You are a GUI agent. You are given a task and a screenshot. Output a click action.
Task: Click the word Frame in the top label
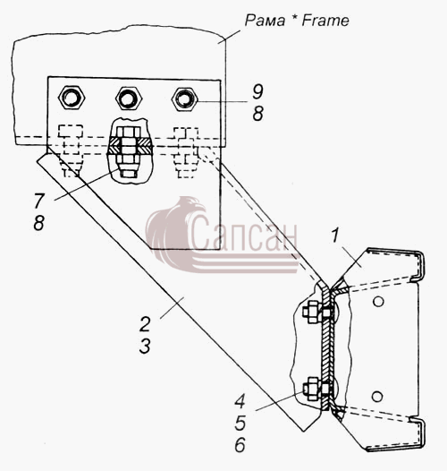point(325,21)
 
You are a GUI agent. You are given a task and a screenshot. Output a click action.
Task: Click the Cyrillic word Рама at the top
point(265,21)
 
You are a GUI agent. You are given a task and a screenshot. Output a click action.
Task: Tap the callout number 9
point(257,91)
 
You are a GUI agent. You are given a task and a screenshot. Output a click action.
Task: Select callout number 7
point(39,201)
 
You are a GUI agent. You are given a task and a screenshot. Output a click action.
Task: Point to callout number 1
point(335,235)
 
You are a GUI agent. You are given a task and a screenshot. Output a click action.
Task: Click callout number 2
point(145,324)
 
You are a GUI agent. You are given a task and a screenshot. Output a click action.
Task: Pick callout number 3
point(145,346)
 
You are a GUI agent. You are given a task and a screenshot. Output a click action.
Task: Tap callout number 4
point(240,401)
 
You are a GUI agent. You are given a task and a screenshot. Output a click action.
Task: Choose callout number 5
point(240,423)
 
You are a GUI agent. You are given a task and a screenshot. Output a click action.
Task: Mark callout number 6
point(240,444)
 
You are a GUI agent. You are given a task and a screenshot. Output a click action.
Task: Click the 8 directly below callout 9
point(257,114)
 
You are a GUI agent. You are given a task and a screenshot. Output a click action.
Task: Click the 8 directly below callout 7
point(39,223)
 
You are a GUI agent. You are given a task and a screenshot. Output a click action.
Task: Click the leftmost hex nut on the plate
point(72,98)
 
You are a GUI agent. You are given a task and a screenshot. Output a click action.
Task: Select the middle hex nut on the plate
point(129,98)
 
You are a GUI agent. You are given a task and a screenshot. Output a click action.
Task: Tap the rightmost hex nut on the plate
point(185,99)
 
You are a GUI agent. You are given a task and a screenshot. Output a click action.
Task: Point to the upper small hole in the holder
point(378,301)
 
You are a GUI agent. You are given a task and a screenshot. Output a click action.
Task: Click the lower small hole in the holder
point(377,397)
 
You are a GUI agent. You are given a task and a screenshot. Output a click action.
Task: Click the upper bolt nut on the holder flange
point(312,313)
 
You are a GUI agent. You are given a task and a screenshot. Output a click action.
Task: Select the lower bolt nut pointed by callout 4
point(312,389)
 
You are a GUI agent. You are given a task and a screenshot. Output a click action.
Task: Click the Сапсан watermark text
point(243,234)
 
